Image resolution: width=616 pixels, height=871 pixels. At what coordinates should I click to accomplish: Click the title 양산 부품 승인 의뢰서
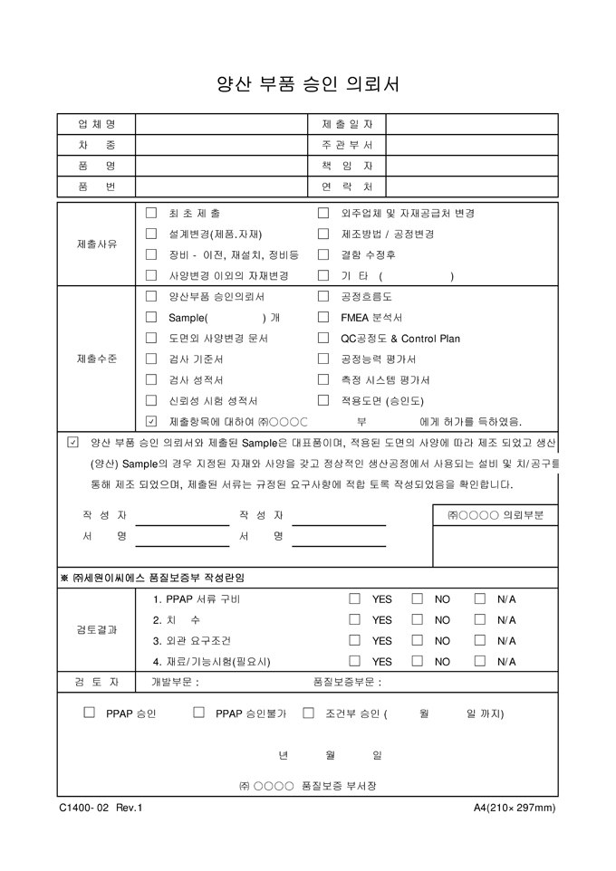pos(307,84)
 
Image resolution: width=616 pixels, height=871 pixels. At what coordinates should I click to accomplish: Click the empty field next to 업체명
pos(222,124)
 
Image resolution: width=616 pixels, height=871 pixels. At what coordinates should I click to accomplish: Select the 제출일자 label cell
pos(347,124)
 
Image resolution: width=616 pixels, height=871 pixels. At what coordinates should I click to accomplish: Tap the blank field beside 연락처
pos(472,187)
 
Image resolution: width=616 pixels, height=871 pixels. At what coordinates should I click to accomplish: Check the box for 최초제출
pos(151,214)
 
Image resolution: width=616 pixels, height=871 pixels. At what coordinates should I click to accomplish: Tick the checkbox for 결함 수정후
pos(322,255)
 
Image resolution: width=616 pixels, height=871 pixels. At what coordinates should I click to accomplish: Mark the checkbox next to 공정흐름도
pos(322,296)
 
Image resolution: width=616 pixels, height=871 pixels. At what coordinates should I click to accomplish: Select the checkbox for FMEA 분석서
pos(322,317)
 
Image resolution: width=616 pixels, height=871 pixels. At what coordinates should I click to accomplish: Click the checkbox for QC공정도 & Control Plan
pos(322,338)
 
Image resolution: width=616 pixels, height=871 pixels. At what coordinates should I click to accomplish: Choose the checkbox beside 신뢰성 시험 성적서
pos(151,400)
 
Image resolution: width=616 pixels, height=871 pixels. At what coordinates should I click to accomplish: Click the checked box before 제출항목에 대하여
pos(151,421)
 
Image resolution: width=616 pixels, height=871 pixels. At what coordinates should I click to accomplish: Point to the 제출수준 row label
pos(96,359)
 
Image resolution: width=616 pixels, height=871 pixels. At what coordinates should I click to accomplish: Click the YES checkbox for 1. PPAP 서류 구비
pos(355,599)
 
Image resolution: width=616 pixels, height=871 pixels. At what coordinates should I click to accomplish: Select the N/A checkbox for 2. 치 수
pos(480,620)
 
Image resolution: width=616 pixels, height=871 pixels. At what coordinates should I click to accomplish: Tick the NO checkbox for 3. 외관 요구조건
pos(418,641)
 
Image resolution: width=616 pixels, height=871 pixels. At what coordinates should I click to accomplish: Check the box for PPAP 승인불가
pos(198,713)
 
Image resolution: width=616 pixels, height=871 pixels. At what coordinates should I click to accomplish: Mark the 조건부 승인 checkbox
pos(308,713)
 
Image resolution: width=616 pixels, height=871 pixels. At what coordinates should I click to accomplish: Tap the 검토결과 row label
pos(96,630)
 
